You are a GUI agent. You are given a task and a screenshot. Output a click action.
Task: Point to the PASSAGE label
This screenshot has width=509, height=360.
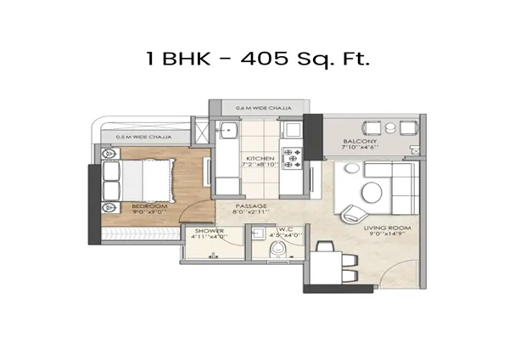click(252, 206)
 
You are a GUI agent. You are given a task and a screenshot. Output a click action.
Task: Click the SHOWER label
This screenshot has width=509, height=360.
click(209, 231)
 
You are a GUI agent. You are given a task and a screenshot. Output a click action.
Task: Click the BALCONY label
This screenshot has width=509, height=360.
click(360, 141)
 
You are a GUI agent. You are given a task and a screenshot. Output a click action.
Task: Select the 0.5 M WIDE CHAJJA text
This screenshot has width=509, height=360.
click(138, 134)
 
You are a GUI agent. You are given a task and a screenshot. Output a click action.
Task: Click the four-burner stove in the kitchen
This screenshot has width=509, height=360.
click(293, 156)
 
